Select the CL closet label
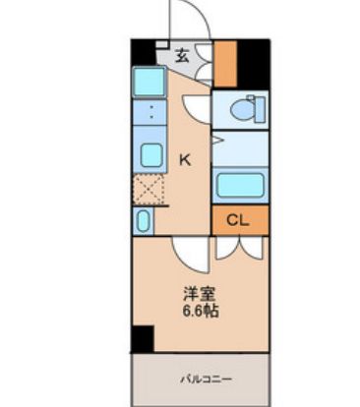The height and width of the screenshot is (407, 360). (x=238, y=220)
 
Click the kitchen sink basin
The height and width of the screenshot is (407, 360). (x=150, y=155)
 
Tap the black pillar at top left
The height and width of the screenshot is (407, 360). (x=142, y=51)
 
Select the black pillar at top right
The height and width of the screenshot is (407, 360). (x=256, y=61)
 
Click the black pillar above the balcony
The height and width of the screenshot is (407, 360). (x=144, y=340)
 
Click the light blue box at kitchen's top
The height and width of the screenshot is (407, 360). (x=150, y=82)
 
